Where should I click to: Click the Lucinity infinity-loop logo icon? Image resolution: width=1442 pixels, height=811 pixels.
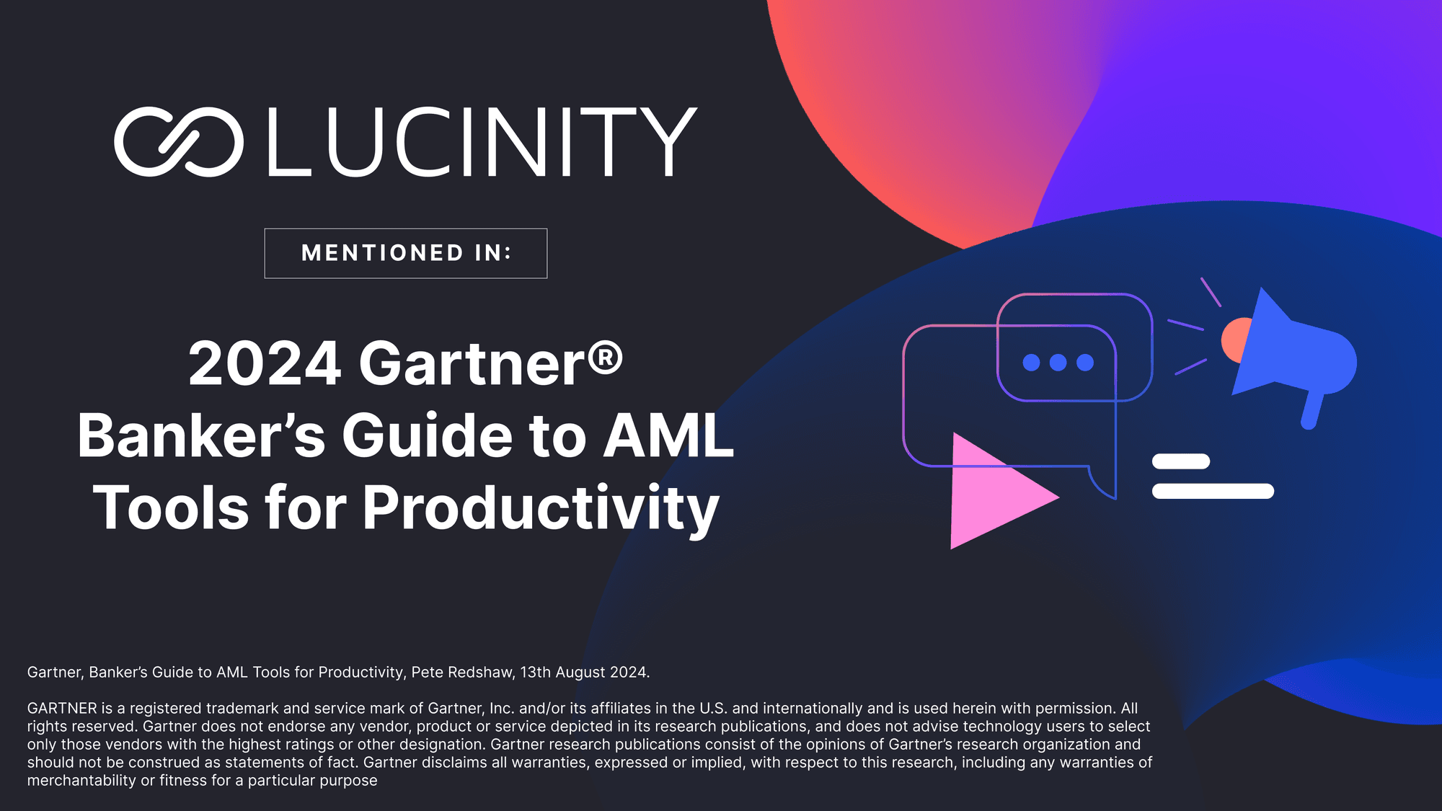(178, 141)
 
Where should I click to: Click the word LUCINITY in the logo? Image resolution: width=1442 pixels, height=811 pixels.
(482, 142)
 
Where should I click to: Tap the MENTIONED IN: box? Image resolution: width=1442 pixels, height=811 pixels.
(406, 253)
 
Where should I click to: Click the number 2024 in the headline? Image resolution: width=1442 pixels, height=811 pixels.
(265, 363)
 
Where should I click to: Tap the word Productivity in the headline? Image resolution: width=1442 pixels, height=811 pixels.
(541, 510)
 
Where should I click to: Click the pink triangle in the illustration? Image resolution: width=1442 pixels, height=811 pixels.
(995, 492)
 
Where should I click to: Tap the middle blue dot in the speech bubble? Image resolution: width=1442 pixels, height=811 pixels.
(1058, 363)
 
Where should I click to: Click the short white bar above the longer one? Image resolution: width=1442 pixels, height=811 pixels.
(1181, 461)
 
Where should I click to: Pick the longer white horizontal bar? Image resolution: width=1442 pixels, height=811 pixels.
(1213, 491)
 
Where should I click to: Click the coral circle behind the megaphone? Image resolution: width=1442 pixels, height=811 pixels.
(1234, 340)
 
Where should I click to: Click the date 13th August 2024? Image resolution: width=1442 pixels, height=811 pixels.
(585, 673)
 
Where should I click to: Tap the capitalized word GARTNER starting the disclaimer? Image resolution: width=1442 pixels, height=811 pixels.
(62, 709)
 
